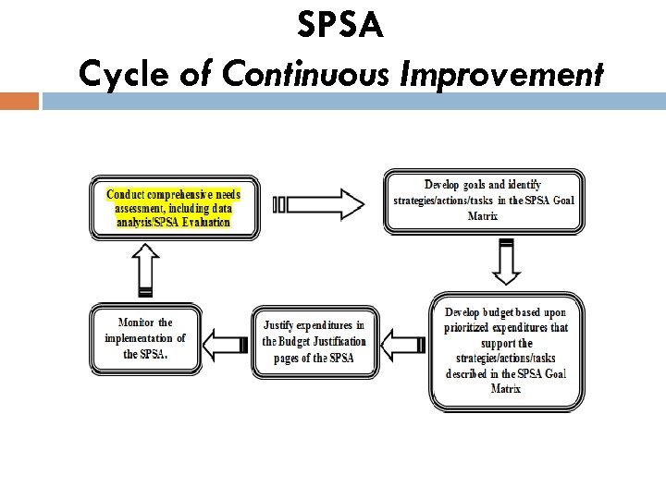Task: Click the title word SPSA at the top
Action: click(x=339, y=26)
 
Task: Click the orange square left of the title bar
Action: click(x=19, y=100)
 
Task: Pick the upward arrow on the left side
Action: click(x=146, y=271)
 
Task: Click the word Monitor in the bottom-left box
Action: click(x=136, y=323)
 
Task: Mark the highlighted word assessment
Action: click(x=136, y=208)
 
